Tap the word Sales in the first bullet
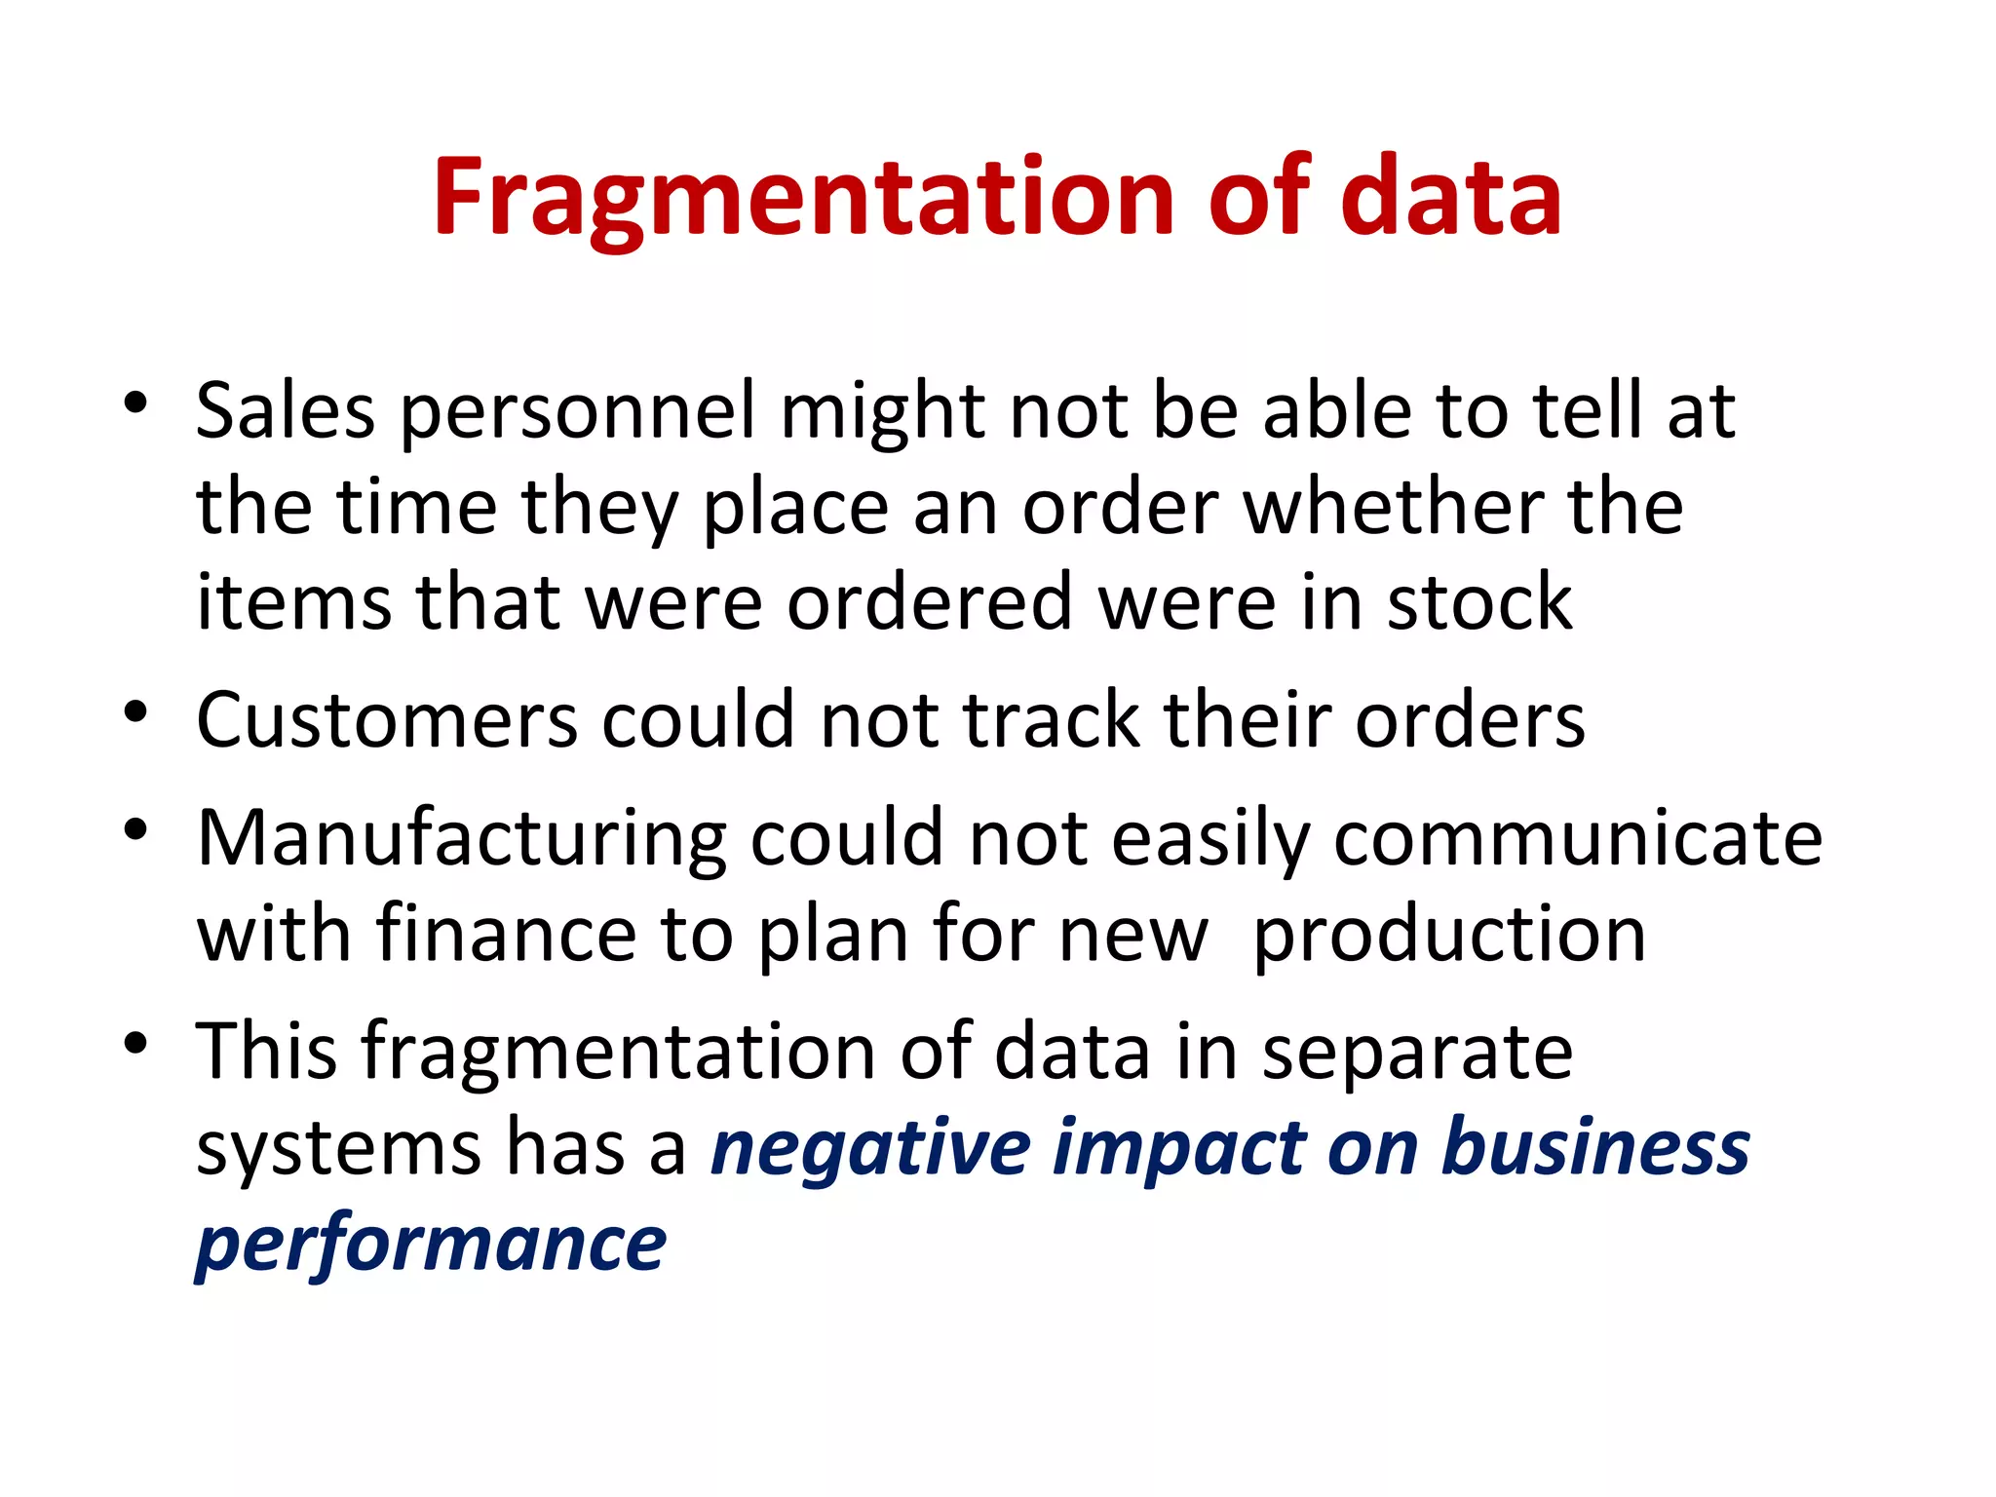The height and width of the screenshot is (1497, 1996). pyautogui.click(x=285, y=411)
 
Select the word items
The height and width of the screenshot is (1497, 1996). pyautogui.click(x=293, y=603)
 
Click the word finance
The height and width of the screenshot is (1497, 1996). pyautogui.click(x=507, y=935)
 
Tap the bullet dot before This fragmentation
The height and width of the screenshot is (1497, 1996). pyautogui.click(x=135, y=1043)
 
